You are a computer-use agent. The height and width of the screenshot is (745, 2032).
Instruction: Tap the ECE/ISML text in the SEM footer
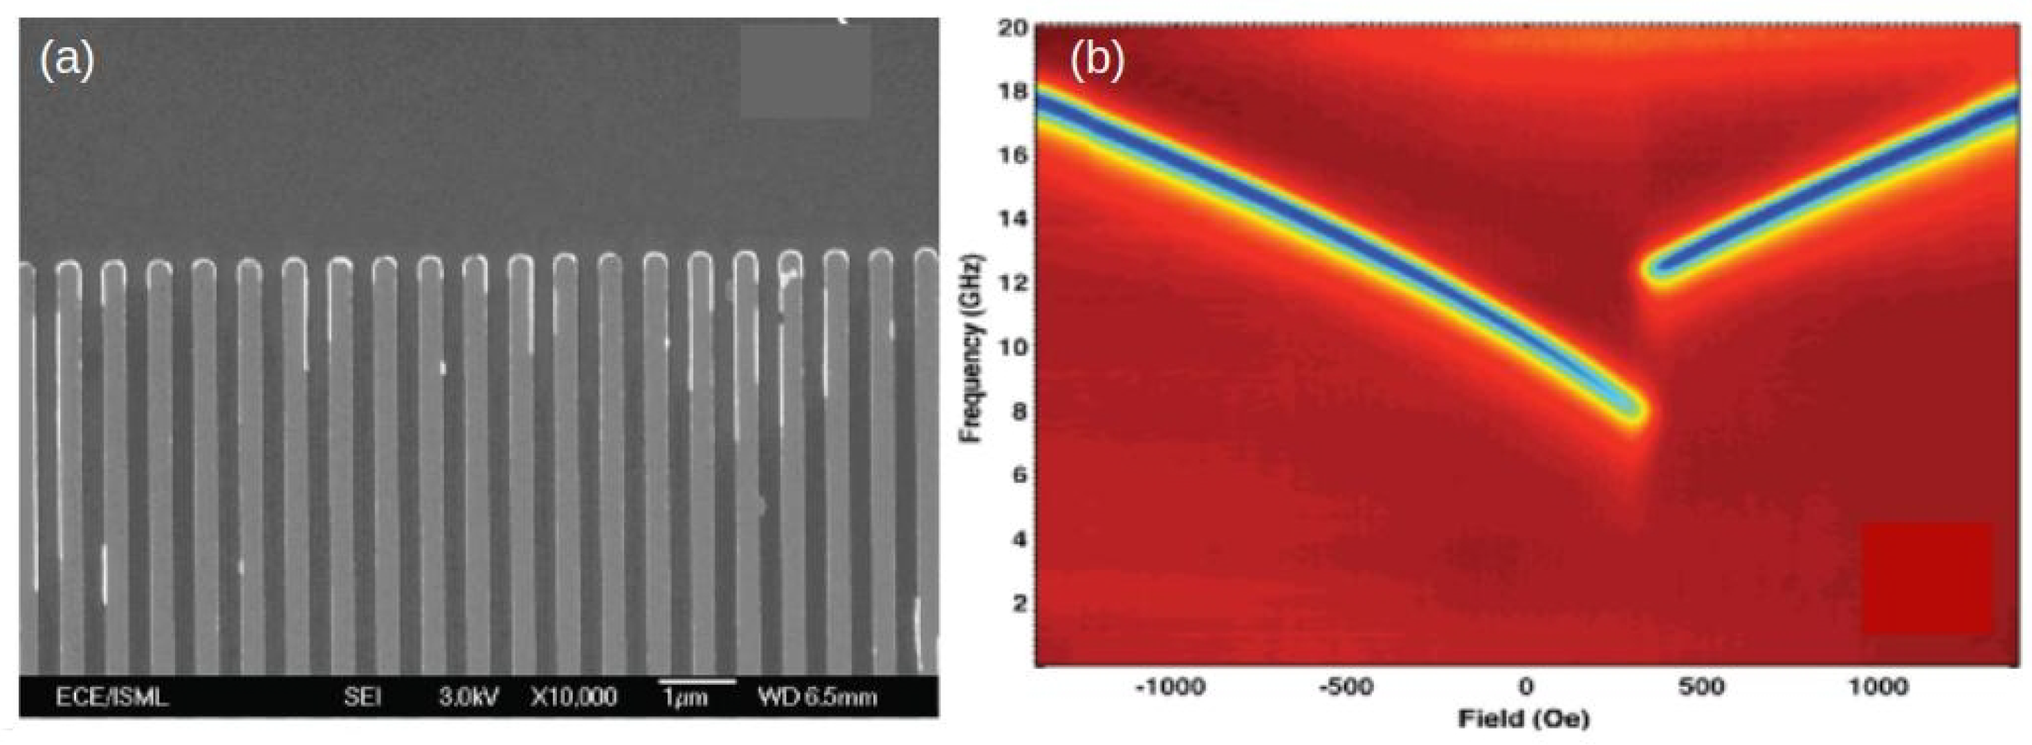point(111,697)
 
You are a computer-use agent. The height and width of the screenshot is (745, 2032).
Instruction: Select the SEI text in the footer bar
point(363,697)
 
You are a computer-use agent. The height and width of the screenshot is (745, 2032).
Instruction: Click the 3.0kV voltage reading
point(468,697)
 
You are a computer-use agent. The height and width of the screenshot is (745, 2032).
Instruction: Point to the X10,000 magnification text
point(574,697)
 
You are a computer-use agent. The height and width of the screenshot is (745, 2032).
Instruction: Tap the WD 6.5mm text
point(817,697)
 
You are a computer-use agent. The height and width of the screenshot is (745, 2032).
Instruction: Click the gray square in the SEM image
point(805,72)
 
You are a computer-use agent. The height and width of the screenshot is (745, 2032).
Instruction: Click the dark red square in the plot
point(1926,577)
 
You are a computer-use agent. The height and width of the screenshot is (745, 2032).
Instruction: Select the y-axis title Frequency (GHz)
point(973,348)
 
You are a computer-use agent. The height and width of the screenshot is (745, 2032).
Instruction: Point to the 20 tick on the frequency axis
point(1014,28)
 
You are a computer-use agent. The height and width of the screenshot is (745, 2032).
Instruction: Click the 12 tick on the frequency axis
point(1014,282)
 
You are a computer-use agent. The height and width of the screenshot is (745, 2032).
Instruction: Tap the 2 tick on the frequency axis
point(1019,603)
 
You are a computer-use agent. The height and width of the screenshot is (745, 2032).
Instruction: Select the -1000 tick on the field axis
point(1170,688)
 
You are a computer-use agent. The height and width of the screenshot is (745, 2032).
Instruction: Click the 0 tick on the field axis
point(1526,688)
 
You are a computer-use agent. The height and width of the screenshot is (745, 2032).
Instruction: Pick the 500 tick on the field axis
point(1701,688)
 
